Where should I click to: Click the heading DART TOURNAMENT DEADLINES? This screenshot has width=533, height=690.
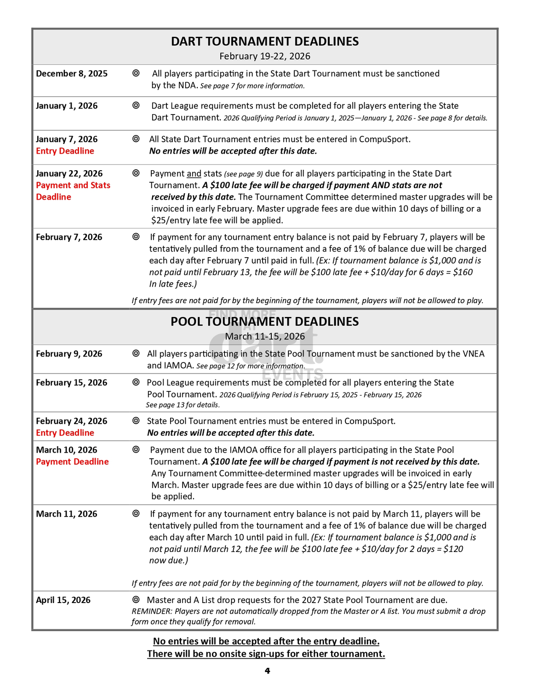tap(265, 41)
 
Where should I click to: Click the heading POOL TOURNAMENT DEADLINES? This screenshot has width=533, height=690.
tap(265, 322)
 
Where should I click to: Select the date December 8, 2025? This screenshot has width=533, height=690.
tap(72, 74)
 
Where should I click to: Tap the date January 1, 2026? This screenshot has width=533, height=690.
tap(67, 106)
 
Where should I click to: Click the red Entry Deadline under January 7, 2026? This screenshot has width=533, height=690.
tap(65, 151)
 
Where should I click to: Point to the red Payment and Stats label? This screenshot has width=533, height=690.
tap(73, 185)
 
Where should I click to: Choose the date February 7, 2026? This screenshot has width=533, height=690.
tap(69, 237)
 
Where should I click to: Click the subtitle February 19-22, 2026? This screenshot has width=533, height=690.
tap(265, 56)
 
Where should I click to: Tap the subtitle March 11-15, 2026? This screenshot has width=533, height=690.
tap(265, 336)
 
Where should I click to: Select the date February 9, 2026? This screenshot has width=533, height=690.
tap(69, 354)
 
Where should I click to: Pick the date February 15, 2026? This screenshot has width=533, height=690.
tap(71, 383)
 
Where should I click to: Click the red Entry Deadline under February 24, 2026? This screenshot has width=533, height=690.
tap(65, 433)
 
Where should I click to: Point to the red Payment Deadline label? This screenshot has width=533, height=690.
tap(72, 462)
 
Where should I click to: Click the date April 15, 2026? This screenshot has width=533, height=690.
tap(63, 600)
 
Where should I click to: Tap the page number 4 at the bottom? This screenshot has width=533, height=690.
tap(267, 671)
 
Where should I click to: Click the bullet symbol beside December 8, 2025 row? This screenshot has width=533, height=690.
tap(136, 73)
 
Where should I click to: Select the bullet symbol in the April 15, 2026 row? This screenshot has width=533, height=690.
tap(136, 600)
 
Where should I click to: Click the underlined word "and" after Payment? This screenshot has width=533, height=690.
tap(194, 174)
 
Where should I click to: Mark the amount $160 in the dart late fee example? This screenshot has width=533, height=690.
tap(463, 272)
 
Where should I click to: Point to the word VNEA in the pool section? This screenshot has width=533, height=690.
tap(474, 354)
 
